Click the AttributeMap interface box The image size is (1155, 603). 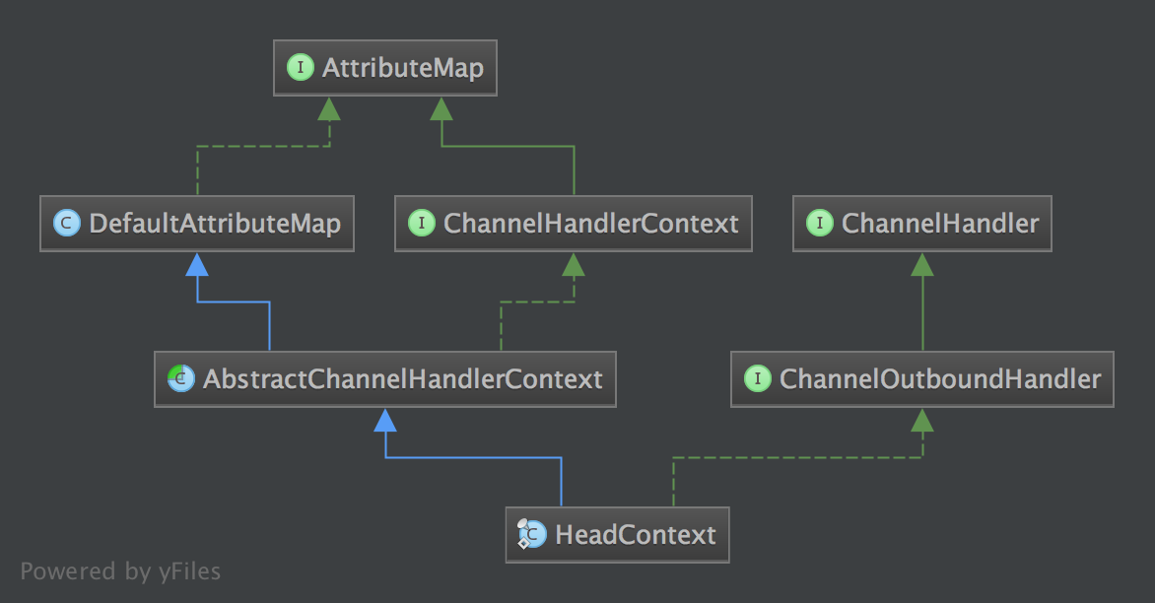(385, 68)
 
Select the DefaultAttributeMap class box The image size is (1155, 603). (197, 224)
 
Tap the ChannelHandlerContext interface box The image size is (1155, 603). (574, 224)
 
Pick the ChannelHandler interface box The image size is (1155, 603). (922, 224)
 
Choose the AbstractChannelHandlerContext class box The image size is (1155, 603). (385, 379)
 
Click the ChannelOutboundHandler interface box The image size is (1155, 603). (922, 379)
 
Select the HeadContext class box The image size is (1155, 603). (618, 535)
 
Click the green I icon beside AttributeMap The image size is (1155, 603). (298, 68)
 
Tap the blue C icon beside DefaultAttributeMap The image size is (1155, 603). (66, 224)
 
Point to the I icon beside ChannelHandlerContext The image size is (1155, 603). (421, 224)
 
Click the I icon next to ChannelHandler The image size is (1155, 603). (819, 224)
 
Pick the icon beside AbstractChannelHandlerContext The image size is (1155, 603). (180, 379)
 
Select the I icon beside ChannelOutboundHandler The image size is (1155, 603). (757, 379)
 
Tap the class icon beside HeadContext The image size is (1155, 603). (531, 535)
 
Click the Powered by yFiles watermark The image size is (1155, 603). (120, 570)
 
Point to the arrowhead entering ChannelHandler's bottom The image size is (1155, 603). (922, 263)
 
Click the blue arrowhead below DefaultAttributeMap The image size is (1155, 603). (197, 263)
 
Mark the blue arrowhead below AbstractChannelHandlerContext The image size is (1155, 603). (385, 420)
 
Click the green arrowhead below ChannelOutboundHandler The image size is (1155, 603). (922, 420)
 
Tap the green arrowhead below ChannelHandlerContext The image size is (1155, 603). (574, 263)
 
